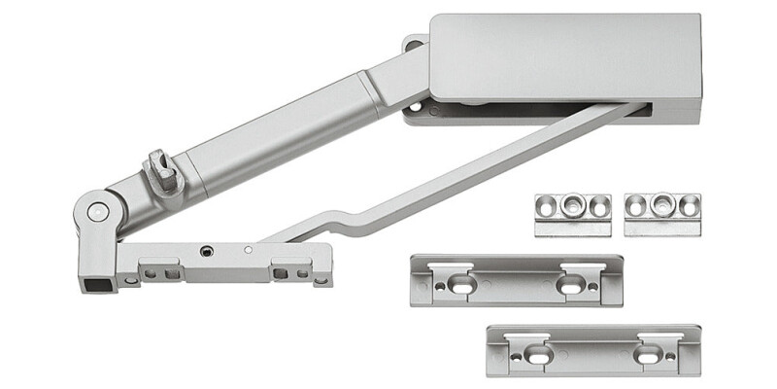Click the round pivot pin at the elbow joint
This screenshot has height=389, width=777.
click(x=95, y=211)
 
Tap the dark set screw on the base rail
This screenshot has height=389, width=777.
click(x=206, y=251)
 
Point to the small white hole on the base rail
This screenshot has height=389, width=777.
click(x=249, y=250)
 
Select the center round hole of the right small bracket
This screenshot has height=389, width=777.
click(x=663, y=205)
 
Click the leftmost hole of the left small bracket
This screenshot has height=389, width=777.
click(x=546, y=205)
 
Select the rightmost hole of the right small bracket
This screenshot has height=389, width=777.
click(x=690, y=205)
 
